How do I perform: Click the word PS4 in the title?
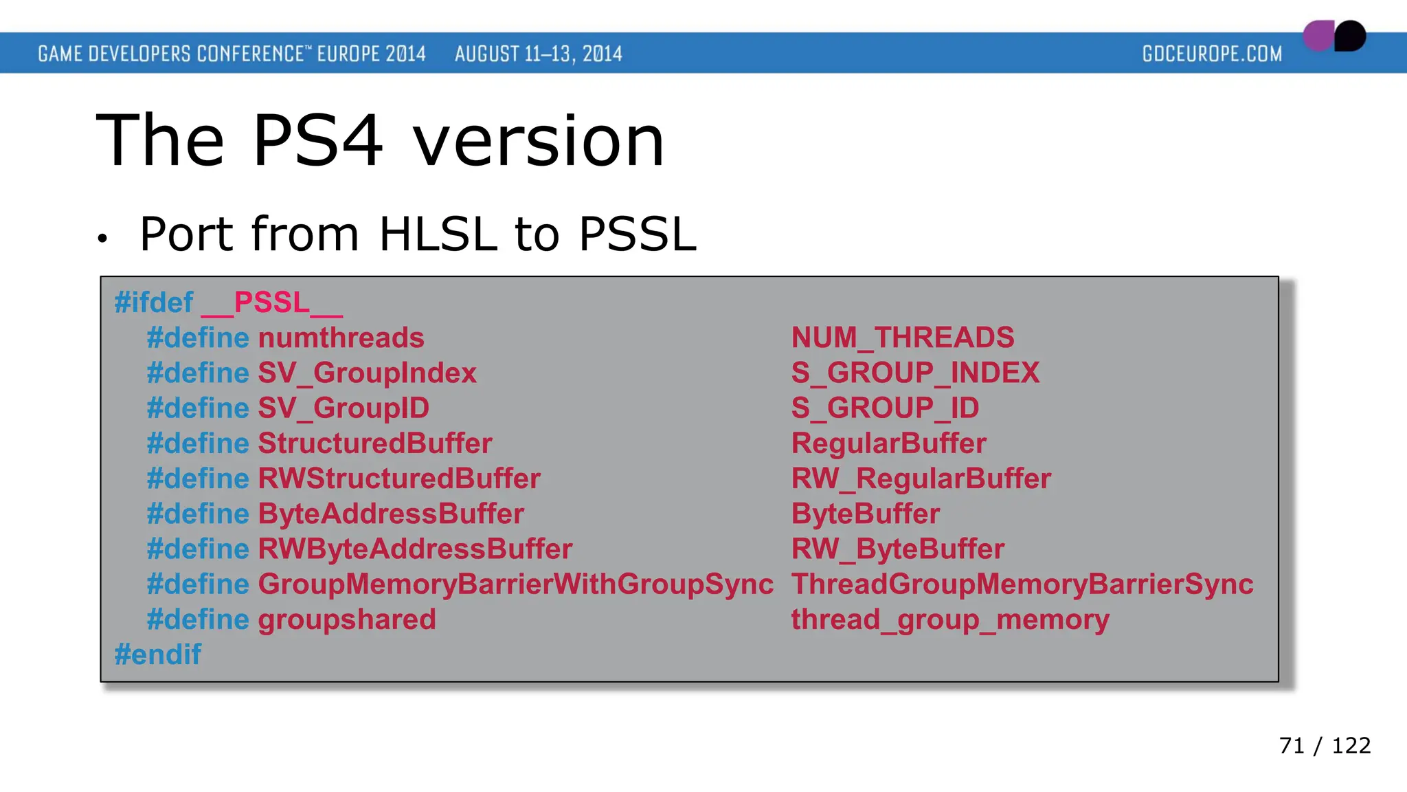tap(317, 141)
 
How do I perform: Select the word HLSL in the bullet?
tap(438, 234)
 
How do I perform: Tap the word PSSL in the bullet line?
tap(637, 234)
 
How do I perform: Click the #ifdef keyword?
tap(154, 302)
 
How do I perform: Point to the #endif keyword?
tap(157, 654)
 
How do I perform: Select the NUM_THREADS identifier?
tap(902, 338)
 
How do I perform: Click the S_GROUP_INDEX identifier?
tap(915, 373)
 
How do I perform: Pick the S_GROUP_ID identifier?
tap(885, 408)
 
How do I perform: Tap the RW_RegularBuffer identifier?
tap(921, 478)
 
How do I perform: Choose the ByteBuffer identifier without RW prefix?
tap(865, 514)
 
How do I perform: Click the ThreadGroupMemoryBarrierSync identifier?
tap(1022, 584)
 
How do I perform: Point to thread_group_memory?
tap(949, 619)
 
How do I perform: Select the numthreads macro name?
tap(341, 338)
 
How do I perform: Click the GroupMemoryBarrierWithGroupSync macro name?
tap(515, 584)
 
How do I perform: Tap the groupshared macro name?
tap(347, 619)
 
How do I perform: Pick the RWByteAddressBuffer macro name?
tap(415, 549)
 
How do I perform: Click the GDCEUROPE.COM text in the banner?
tap(1212, 54)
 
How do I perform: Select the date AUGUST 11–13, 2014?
tap(538, 54)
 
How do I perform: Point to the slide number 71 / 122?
tap(1325, 745)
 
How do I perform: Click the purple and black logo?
tap(1334, 36)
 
